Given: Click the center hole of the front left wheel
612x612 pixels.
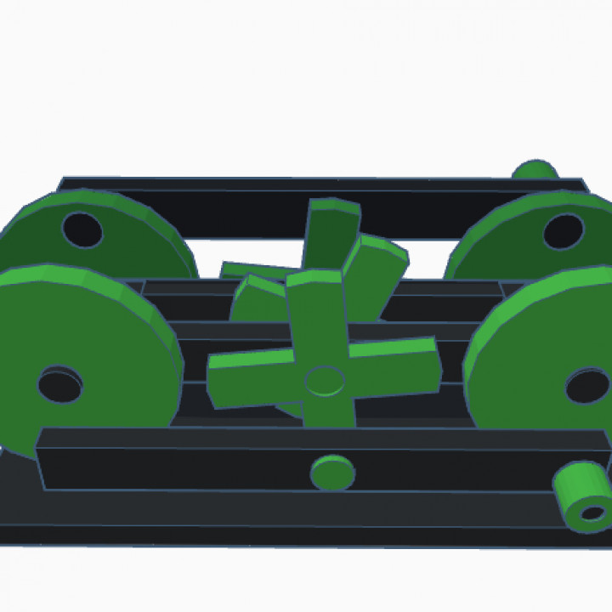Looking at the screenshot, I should pos(59,385).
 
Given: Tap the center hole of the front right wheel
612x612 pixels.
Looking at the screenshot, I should pos(586,386).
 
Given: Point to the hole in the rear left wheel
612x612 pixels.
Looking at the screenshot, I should pos(82,229).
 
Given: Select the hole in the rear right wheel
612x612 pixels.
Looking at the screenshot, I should pos(563,231).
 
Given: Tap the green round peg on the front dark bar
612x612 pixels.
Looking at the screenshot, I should pos(332,473).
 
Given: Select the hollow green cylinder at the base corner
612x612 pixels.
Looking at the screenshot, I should pos(583,496).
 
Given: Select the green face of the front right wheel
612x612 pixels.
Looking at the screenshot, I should pos(527,357).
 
